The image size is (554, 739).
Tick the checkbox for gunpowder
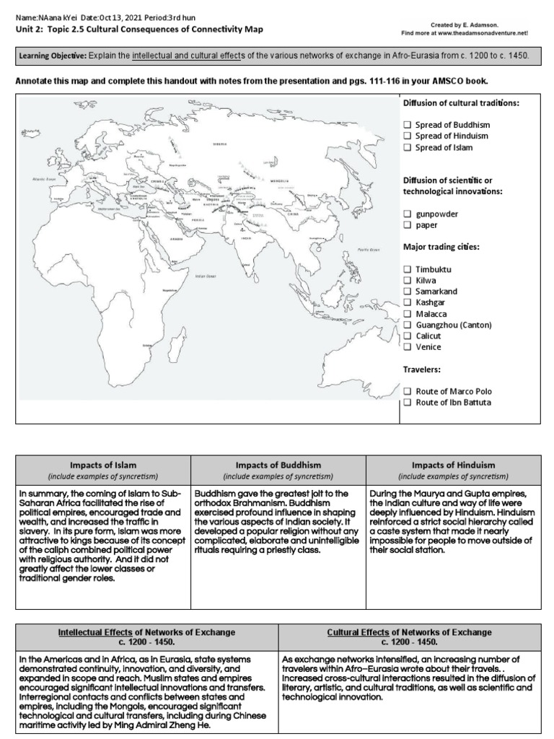[x=408, y=214]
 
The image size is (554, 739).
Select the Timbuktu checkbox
[x=408, y=268]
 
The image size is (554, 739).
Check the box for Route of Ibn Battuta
[x=408, y=402]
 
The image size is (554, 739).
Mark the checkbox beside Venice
[x=408, y=347]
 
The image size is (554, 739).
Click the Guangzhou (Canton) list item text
[x=453, y=325]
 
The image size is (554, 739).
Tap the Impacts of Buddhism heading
[x=278, y=465]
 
